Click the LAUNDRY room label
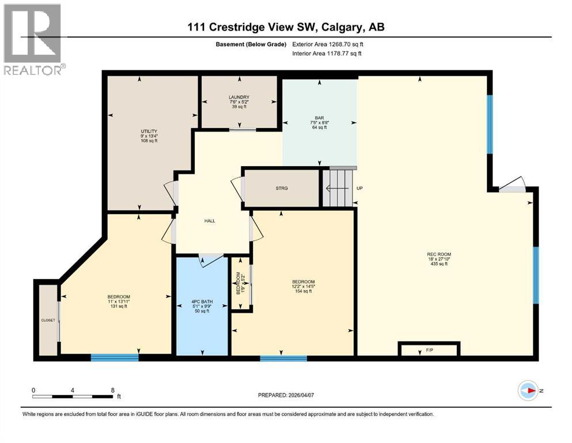[x=238, y=97]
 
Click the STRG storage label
[x=281, y=188]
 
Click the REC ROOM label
[x=439, y=254]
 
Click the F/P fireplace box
[x=429, y=349]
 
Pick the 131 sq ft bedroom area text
[x=118, y=306]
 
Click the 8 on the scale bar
[x=112, y=390]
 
